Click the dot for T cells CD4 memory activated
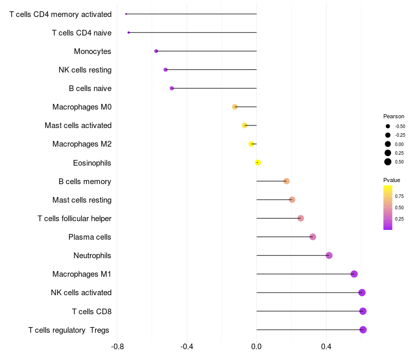(126, 14)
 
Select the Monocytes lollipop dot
(156, 51)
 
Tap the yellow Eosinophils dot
(258, 163)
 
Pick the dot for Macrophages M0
(235, 107)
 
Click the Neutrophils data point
(329, 255)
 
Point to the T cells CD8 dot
(363, 311)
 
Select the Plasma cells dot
(313, 237)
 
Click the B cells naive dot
(172, 88)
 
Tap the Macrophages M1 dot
(354, 274)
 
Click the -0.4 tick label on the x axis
(186, 347)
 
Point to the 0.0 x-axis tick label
(256, 347)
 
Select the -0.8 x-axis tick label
(117, 347)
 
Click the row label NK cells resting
(85, 70)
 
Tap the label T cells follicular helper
(74, 219)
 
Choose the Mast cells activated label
(78, 125)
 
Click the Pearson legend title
(394, 116)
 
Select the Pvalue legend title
(391, 181)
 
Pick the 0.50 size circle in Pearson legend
(388, 162)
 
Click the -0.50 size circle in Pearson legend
(388, 126)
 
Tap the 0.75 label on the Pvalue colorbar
(399, 196)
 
